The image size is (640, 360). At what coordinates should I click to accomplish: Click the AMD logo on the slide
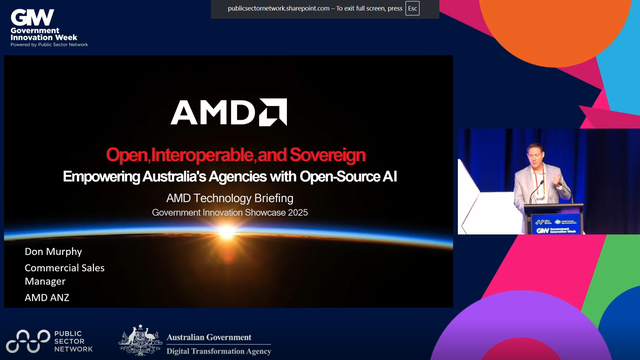point(229,112)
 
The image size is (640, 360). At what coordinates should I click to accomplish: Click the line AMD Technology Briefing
point(228,199)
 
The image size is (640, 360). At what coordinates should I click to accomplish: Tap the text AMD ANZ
point(48,298)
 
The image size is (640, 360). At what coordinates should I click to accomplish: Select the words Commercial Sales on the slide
point(65,268)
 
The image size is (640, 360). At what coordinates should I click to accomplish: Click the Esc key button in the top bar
point(412,9)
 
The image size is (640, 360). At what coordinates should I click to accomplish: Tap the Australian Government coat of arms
point(140,340)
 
